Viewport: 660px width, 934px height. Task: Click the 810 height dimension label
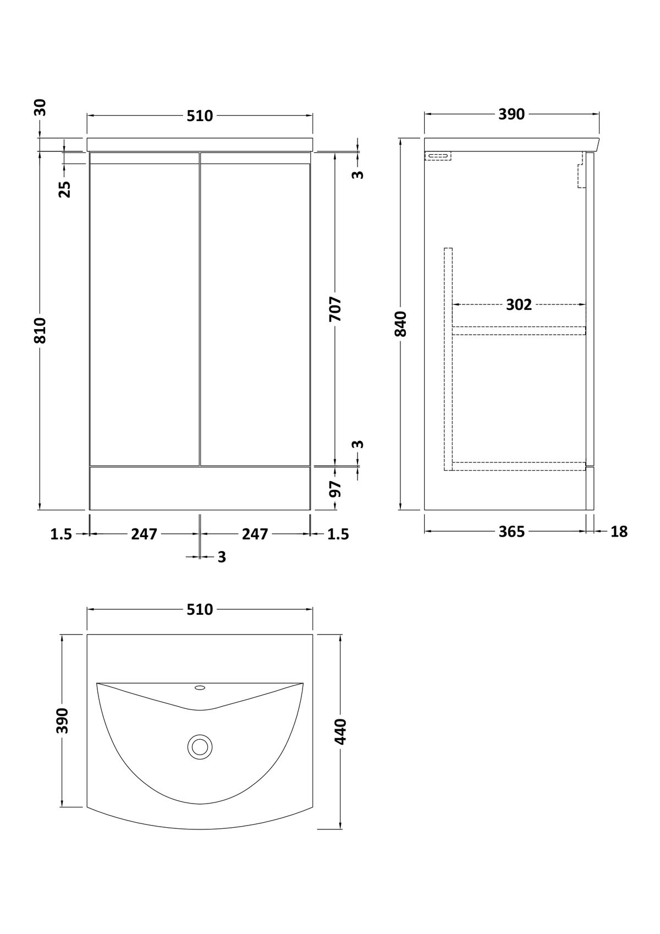coord(40,330)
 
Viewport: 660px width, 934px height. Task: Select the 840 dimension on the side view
coord(400,324)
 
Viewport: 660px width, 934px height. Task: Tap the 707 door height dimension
coord(335,309)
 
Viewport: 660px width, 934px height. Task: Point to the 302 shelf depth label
coord(519,305)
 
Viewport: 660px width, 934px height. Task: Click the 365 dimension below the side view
coord(512,532)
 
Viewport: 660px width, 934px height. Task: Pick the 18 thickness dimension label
coord(619,532)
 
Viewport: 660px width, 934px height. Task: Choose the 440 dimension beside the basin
coord(340,731)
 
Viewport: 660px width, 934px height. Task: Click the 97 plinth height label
coord(335,489)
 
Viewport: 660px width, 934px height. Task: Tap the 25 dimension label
coord(64,189)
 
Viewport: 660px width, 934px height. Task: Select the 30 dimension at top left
coord(40,107)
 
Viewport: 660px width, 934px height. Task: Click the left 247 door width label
coord(144,534)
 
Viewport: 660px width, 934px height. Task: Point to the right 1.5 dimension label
coord(338,534)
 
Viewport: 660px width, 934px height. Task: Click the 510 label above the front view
coord(200,116)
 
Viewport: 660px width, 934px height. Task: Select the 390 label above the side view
coord(512,114)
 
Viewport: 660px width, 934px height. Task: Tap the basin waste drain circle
coord(200,746)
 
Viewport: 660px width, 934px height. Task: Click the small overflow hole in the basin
coord(200,688)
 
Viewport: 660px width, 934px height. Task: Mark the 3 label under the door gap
coord(222,556)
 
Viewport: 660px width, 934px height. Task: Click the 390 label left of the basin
coord(62,720)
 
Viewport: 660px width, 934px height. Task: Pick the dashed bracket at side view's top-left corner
coord(438,156)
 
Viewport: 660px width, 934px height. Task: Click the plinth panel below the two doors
coord(200,488)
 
